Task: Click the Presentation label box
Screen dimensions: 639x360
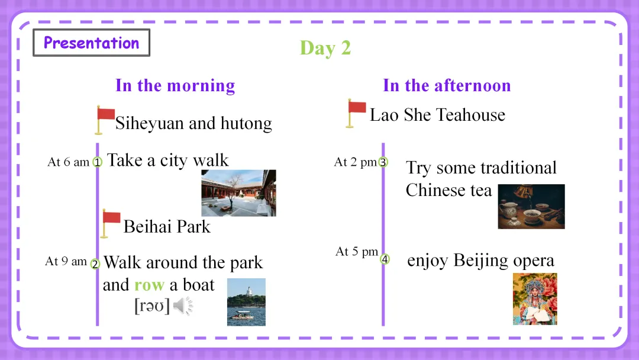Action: (91, 43)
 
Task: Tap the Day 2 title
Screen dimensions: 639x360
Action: (325, 48)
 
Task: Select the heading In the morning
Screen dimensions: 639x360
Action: (175, 86)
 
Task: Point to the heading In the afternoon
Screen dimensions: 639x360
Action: (447, 86)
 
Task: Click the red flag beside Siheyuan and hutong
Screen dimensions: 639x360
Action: (105, 120)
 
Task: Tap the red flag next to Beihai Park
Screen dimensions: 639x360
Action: (111, 223)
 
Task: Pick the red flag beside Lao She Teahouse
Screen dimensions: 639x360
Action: (356, 113)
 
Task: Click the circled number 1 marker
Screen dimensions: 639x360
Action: (98, 162)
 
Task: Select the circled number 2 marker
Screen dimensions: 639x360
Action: (95, 263)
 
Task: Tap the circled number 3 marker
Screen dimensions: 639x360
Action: (383, 162)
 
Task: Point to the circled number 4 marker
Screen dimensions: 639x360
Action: (385, 259)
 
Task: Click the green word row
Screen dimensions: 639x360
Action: (149, 285)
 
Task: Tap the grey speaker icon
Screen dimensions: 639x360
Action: (183, 306)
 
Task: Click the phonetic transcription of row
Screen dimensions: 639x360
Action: (151, 306)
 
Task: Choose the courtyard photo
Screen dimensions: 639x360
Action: (239, 193)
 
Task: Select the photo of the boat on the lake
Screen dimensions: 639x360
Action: (246, 302)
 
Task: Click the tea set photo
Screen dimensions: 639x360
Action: (531, 206)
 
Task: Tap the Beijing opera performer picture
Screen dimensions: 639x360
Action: (535, 299)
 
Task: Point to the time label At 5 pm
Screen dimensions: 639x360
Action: (357, 252)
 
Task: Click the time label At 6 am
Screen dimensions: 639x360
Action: (69, 162)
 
